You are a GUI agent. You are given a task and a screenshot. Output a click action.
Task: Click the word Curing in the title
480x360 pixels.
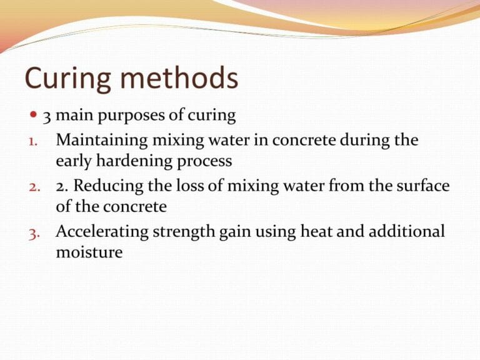67,78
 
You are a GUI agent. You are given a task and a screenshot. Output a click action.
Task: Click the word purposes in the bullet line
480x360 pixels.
132,117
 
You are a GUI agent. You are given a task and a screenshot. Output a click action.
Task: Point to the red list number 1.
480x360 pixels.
32,142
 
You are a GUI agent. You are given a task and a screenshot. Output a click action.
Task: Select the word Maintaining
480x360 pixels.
102,141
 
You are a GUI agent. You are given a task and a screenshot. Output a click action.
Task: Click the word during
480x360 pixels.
364,141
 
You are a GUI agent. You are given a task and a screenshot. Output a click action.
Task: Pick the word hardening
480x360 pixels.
134,162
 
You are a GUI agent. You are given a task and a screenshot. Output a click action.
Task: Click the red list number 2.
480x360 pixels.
34,187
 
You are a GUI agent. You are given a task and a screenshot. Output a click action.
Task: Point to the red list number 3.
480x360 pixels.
34,234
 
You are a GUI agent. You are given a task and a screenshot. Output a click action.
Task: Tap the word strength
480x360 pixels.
184,232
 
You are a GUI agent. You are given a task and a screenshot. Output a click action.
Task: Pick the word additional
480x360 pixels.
406,231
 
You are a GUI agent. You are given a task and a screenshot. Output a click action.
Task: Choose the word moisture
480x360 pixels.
89,252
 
